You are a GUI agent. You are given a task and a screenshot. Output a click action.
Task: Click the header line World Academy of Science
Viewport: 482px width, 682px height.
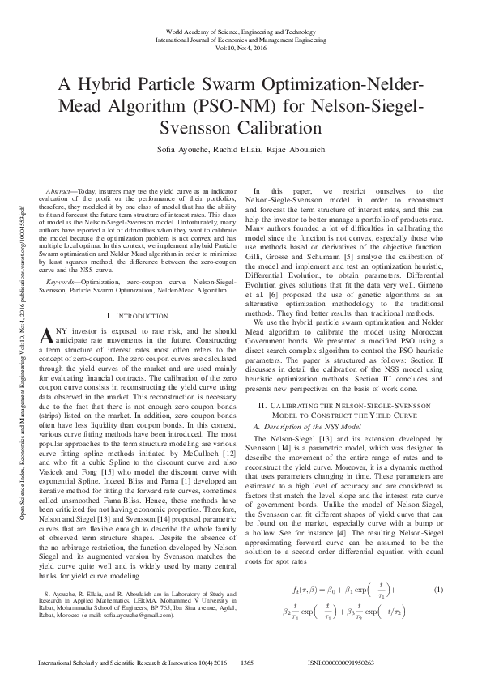(241, 29)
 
